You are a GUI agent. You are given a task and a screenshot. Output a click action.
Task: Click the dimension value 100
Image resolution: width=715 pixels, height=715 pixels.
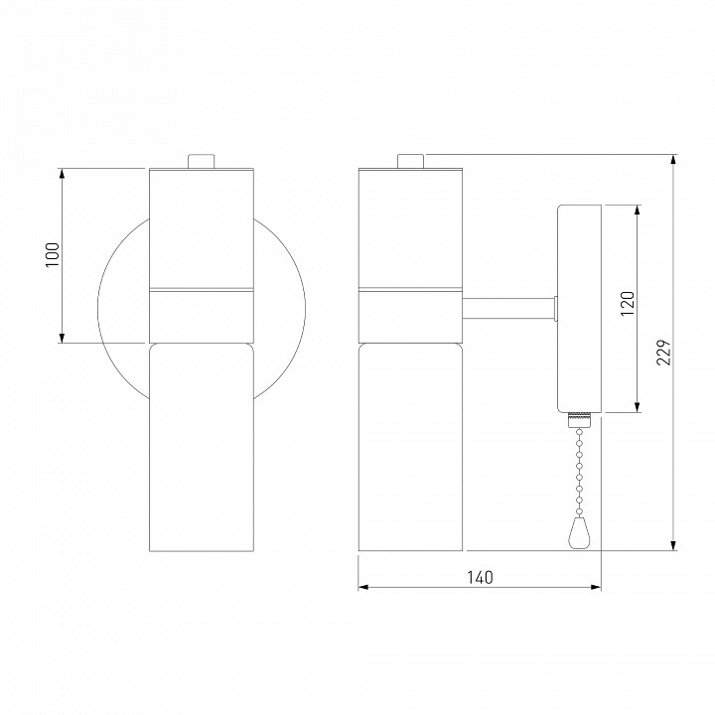54,256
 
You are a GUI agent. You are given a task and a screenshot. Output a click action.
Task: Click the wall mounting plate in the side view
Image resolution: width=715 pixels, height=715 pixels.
580,308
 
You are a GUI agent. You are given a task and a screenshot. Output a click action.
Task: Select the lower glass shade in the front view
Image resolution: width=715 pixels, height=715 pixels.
202,447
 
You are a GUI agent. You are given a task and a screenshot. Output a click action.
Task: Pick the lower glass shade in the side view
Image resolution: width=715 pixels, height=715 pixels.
410,447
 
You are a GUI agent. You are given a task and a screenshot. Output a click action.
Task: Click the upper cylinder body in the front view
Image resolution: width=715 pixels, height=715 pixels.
202,228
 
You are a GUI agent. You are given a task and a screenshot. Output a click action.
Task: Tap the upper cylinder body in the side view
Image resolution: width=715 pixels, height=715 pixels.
410,228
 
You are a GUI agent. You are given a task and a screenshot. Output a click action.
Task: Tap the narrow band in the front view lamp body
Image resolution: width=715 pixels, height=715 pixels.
202,291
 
